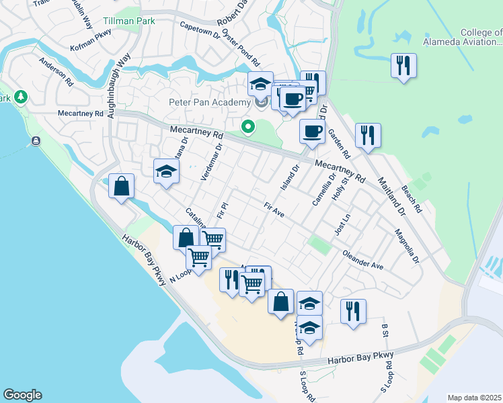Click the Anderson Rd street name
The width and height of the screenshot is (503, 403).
coord(56,71)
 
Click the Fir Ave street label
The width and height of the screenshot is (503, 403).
coord(274,210)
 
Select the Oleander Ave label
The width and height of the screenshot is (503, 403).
coord(362,261)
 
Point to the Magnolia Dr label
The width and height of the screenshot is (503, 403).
coord(407,246)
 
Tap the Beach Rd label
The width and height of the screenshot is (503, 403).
coord(411,199)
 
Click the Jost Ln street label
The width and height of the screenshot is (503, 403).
coord(343,224)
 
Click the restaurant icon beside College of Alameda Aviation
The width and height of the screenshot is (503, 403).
coord(403,65)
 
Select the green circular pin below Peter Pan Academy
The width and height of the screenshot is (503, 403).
coord(247,126)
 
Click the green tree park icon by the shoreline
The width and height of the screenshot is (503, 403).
coord(21,97)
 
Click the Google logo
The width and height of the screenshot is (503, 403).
coord(22,395)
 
